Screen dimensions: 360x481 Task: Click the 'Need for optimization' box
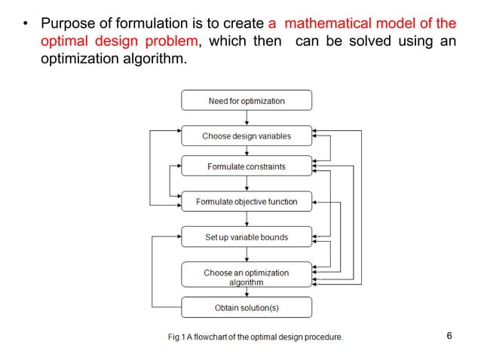[x=247, y=101]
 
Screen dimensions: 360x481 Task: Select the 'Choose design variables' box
[x=247, y=136]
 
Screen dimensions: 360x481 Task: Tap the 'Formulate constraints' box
[x=247, y=166]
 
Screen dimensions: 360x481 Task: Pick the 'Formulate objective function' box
[x=247, y=202]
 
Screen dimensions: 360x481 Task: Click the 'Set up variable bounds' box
[x=247, y=237]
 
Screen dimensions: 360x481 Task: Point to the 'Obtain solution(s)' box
[x=247, y=307]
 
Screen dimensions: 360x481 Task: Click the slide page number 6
[x=449, y=336]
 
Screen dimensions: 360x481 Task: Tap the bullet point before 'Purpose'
[x=25, y=23]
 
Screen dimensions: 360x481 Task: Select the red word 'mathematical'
[x=323, y=23]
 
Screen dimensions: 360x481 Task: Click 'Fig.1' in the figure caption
[x=178, y=337]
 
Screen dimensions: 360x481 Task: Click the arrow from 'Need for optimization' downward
[x=247, y=117]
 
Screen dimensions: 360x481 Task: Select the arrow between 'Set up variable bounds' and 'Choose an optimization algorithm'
[x=247, y=255]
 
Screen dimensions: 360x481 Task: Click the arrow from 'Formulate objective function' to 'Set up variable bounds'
[x=247, y=219]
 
